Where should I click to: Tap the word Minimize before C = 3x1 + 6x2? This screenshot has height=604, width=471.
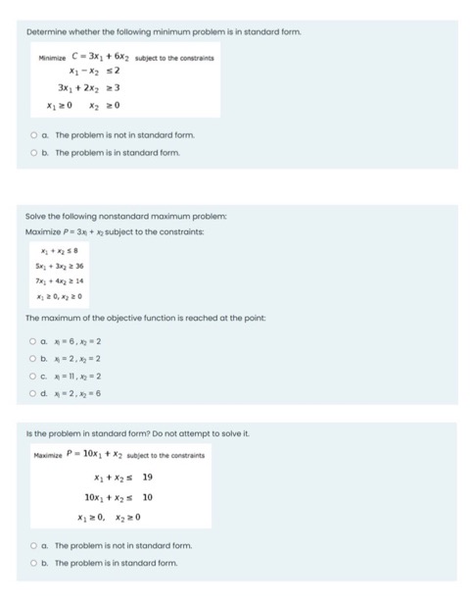(x=50, y=58)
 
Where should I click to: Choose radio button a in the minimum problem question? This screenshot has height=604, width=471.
(x=33, y=135)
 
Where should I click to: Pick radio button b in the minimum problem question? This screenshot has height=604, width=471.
(x=33, y=153)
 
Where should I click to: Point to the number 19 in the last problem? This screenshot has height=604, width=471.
(x=148, y=477)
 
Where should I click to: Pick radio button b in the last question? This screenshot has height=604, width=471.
(x=33, y=562)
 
